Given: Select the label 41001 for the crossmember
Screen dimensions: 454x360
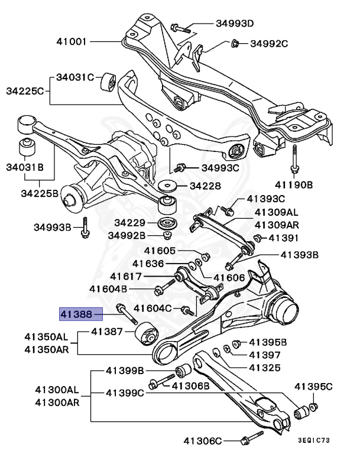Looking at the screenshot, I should (72, 43).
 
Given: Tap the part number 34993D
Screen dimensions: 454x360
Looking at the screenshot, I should (234, 24).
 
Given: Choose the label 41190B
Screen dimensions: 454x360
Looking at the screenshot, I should (293, 184).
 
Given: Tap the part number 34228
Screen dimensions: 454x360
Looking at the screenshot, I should (205, 186).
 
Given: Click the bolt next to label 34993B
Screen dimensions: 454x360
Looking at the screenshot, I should (85, 227).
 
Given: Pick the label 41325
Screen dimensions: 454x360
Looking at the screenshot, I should (264, 368).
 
